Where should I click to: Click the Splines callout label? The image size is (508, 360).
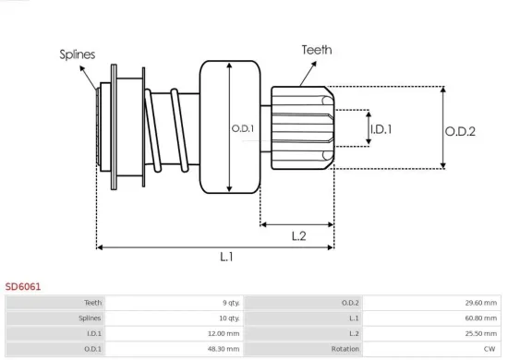click(78, 54)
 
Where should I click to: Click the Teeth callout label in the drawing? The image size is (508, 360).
click(316, 51)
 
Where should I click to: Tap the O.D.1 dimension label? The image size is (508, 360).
click(243, 128)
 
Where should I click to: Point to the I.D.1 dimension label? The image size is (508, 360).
click(381, 130)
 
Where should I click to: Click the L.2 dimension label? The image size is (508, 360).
click(298, 236)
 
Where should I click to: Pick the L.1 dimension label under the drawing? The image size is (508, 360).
click(226, 258)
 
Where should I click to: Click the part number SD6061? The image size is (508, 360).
click(23, 287)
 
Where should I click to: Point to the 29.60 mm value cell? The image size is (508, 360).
click(479, 302)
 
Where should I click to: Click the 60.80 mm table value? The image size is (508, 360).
click(479, 318)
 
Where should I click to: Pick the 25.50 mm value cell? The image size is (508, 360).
click(479, 333)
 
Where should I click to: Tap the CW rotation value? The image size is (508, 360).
click(490, 349)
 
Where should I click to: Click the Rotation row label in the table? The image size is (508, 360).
click(345, 349)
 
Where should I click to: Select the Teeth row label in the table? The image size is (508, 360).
click(92, 302)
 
